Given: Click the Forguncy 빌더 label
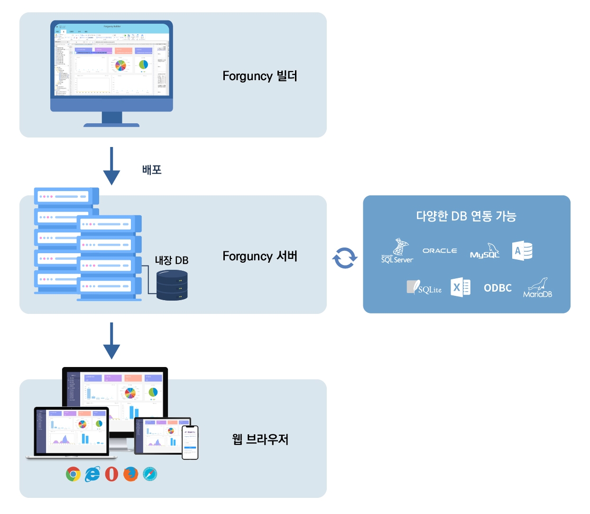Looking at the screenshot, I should (260, 76).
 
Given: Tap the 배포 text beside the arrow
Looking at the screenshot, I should (152, 170).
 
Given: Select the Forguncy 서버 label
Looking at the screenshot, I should (260, 256).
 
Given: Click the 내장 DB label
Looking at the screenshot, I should (172, 260).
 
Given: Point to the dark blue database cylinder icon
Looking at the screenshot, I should (172, 285).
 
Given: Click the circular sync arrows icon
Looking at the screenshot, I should (345, 258).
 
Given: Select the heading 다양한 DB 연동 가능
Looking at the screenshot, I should (466, 216).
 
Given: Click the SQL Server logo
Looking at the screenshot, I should (397, 251).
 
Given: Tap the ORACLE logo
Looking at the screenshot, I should (440, 250).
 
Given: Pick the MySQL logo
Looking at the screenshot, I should (485, 252).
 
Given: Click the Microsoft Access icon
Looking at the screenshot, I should (522, 251).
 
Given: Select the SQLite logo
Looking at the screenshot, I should (424, 287).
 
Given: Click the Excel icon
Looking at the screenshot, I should (460, 287).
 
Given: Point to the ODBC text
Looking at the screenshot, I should (498, 288).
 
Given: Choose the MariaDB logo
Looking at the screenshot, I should (538, 288).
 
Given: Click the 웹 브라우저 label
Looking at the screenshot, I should (260, 439).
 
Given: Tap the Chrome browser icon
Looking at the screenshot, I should (73, 474).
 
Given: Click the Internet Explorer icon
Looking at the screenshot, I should (92, 474).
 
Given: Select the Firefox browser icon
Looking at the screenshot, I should (130, 474).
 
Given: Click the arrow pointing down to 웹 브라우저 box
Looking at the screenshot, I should (111, 341).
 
